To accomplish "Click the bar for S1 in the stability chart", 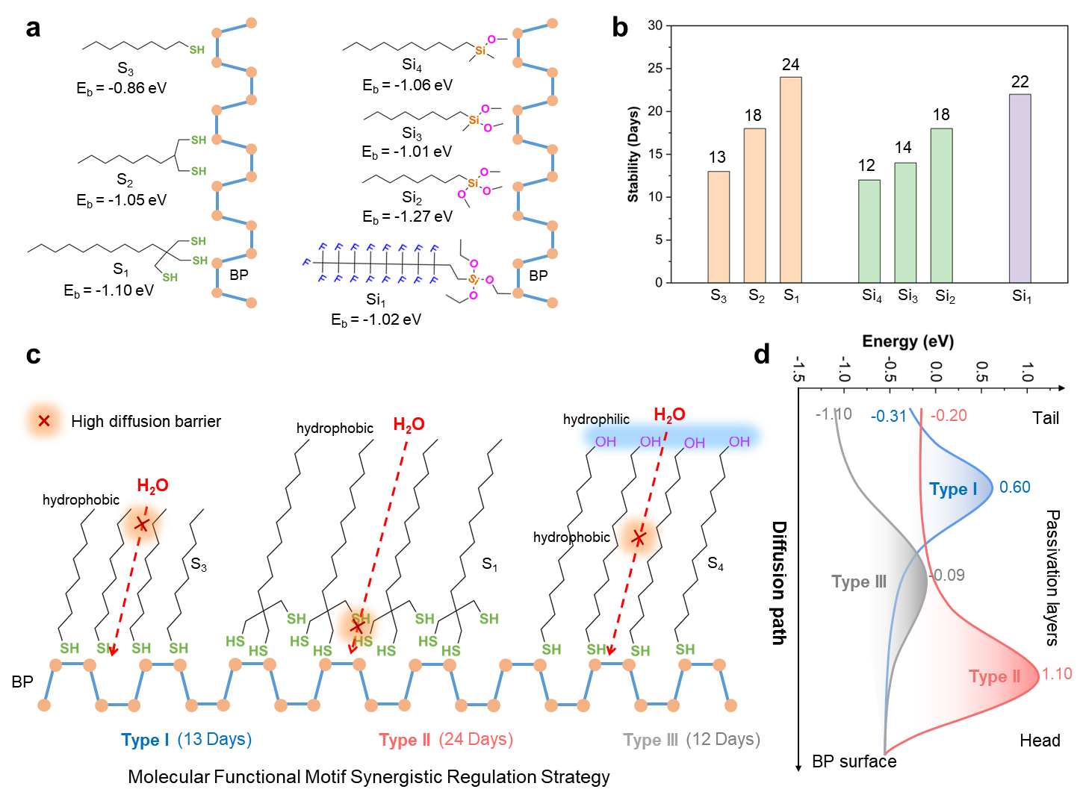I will click(791, 179).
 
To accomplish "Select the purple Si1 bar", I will click(1020, 188).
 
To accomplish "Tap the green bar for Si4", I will click(869, 231).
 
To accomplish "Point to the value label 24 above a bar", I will click(791, 65).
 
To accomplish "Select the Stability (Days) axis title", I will click(633, 155).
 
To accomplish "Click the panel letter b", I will click(620, 28).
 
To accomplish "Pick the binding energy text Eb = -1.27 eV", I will click(407, 216).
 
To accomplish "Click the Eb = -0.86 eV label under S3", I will click(121, 88).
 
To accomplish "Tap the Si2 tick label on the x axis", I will click(945, 296).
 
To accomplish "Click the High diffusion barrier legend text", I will click(146, 422).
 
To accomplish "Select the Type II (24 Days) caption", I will click(446, 740).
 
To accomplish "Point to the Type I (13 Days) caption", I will click(186, 740).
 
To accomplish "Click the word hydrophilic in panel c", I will click(596, 420).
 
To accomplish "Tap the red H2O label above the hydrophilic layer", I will click(669, 415).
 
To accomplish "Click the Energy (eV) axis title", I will click(907, 342).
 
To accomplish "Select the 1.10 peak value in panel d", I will click(1057, 674).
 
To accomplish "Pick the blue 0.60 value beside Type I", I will click(1015, 487).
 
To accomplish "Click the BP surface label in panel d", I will click(854, 761).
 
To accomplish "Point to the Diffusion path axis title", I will click(779, 582).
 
